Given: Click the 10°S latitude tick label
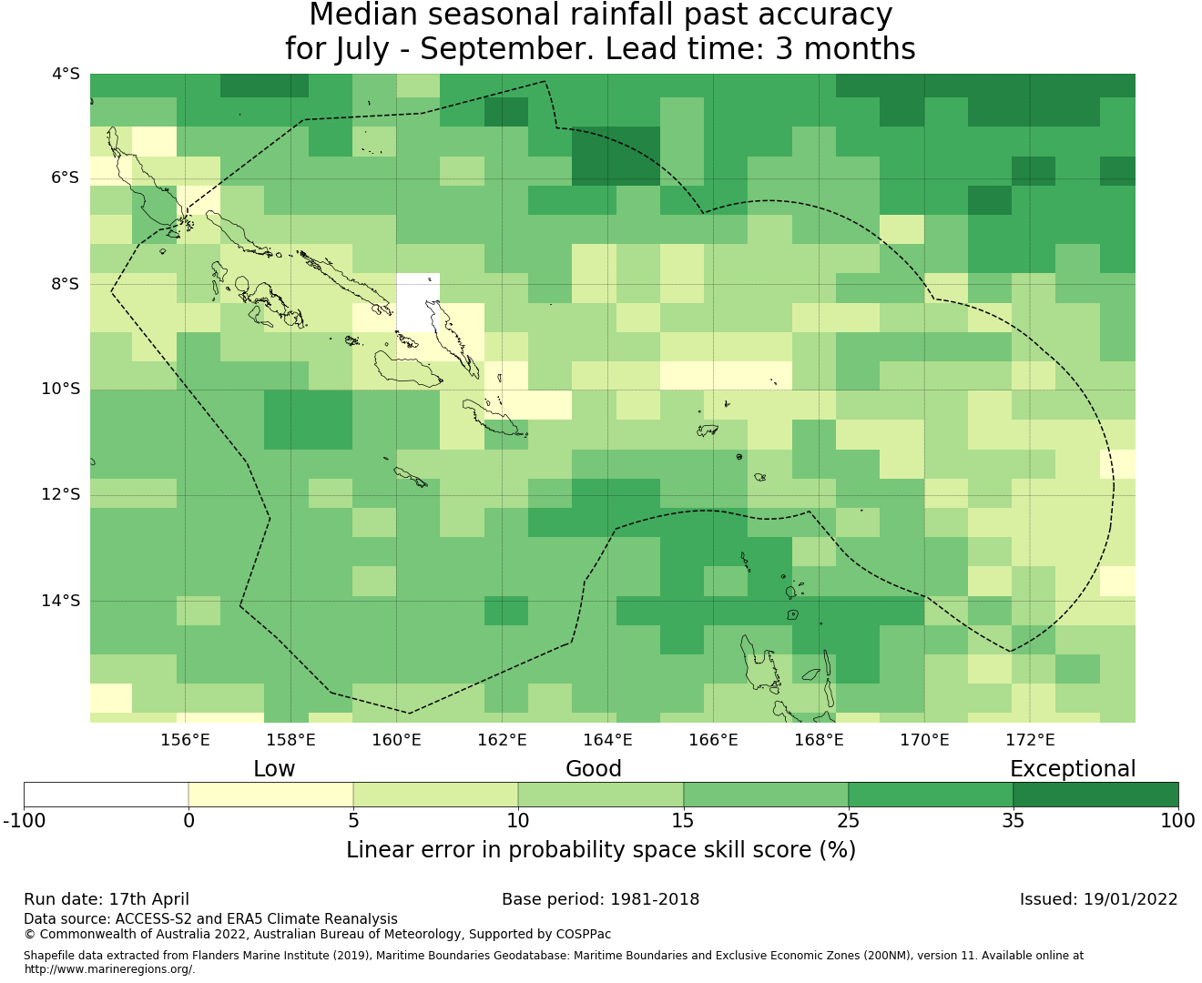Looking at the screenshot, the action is [60, 390].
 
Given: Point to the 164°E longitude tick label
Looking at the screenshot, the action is [607, 740].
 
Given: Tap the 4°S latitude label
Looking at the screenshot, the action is [66, 74].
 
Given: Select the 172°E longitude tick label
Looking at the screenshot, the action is [1030, 740].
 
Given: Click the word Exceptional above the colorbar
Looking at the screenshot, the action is [1073, 769].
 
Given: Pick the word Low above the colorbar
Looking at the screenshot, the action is [274, 769].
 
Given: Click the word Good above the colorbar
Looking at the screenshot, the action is [594, 769].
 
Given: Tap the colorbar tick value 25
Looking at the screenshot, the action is [848, 821].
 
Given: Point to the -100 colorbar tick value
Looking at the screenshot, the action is [24, 821].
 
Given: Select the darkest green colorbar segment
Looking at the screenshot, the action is [1096, 795].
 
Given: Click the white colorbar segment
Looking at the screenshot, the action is [106, 795].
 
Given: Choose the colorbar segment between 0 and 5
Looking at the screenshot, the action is [270, 795].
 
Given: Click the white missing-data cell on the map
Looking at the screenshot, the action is [418, 302].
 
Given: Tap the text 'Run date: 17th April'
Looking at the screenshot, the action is [106, 899].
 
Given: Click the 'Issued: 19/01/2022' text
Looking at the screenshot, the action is [1099, 899].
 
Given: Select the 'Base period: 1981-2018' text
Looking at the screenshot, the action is [600, 899].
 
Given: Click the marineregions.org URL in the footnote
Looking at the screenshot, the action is [109, 969].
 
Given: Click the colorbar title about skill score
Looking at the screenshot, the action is [601, 850].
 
